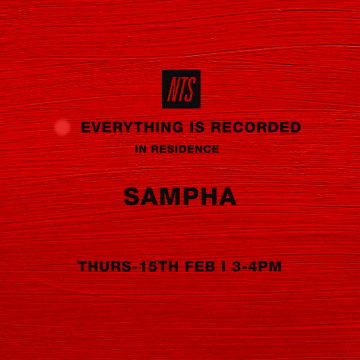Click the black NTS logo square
pos(181,89)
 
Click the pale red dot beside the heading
pos(62,128)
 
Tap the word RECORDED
pos(256,127)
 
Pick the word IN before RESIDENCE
pos(140,149)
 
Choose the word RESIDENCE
pos(185,149)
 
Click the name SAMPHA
pos(180,196)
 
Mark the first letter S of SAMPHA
pos(131,196)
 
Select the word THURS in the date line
pos(100,266)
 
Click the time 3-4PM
pos(256,266)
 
